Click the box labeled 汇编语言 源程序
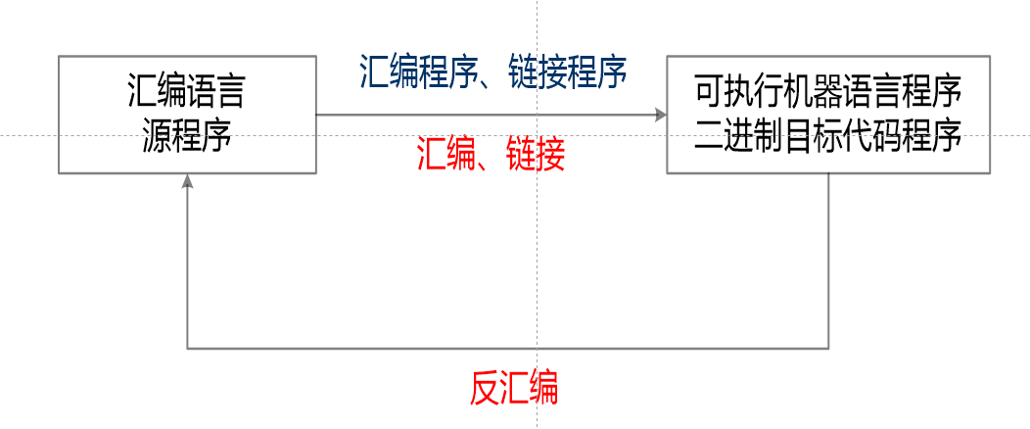pyautogui.click(x=187, y=115)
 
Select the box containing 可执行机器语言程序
pyautogui.click(x=828, y=115)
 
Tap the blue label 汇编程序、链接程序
pyautogui.click(x=493, y=72)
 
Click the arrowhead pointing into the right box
pyautogui.click(x=660, y=116)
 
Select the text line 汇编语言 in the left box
pyautogui.click(x=186, y=95)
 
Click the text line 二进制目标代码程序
pyautogui.click(x=828, y=134)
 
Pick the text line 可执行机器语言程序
pyautogui.click(x=828, y=95)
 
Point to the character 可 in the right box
pyautogui.click(x=709, y=95)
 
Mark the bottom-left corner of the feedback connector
pyautogui.click(x=187, y=348)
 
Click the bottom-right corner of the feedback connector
pyautogui.click(x=829, y=348)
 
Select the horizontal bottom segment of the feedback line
pyautogui.click(x=508, y=348)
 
